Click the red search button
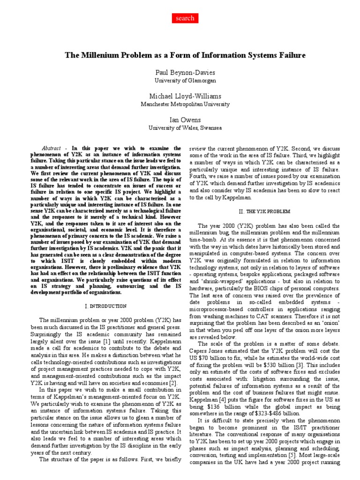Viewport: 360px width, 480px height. coord(185,18)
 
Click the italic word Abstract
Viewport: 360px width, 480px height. coord(51,147)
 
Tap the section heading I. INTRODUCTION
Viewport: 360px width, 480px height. coord(105,306)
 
